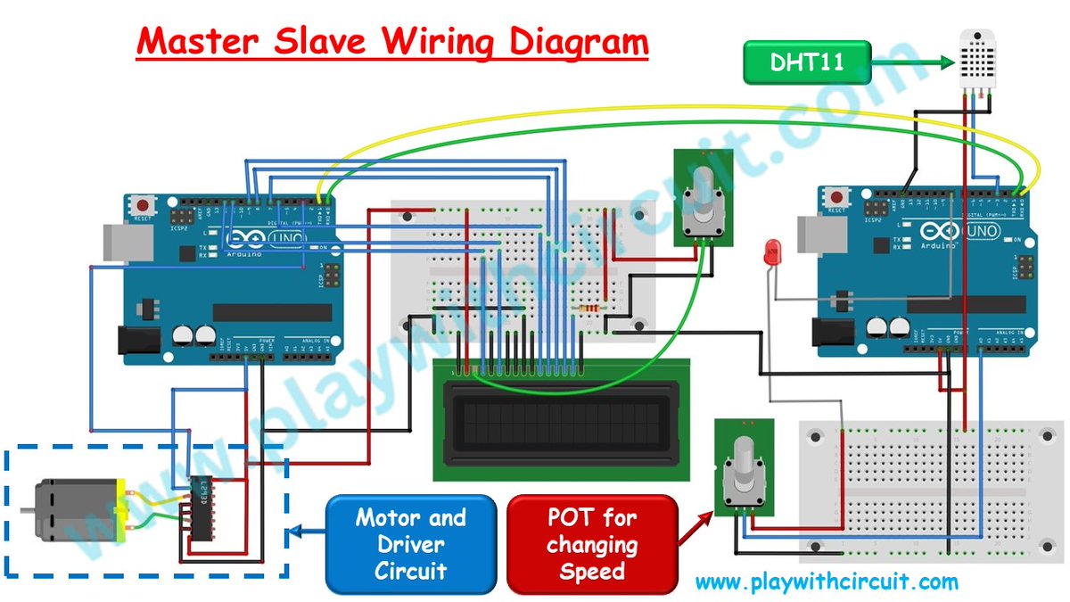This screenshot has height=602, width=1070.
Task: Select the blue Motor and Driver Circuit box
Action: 410,544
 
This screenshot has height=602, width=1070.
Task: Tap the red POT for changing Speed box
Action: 592,544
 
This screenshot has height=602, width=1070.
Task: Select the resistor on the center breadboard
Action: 589,309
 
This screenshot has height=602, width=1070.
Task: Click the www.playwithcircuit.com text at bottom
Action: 826,583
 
